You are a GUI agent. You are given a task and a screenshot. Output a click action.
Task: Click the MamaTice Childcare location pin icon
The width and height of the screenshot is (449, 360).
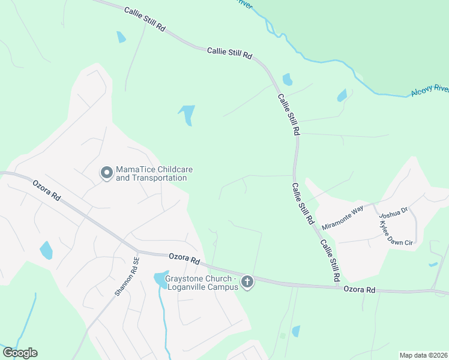pos(106,173)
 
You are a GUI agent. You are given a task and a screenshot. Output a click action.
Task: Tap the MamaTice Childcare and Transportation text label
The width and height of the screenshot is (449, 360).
pos(151,174)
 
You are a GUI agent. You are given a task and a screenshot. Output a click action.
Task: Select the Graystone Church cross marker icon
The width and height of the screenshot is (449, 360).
pos(247,281)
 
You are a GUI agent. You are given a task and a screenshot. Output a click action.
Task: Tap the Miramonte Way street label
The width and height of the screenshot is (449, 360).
pos(343,218)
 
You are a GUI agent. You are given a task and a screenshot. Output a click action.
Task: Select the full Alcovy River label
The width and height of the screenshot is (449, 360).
pos(430,91)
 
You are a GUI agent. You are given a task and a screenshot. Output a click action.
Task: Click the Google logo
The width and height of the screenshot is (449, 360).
pos(20,353)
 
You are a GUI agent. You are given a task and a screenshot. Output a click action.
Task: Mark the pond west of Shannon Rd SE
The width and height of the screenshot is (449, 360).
pos(46,250)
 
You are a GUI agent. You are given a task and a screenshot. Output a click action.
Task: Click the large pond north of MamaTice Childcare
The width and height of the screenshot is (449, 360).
pos(187,114)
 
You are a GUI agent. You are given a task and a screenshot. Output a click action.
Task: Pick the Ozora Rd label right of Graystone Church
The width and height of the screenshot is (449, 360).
pos(359,290)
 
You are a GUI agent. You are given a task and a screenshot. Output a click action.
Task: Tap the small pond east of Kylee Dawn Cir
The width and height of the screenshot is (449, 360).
pos(433,265)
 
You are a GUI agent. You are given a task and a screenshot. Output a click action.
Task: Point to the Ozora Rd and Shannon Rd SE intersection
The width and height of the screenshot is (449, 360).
pos(137,251)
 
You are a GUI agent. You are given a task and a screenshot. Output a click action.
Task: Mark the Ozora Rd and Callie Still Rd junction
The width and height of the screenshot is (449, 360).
pos(336,285)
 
